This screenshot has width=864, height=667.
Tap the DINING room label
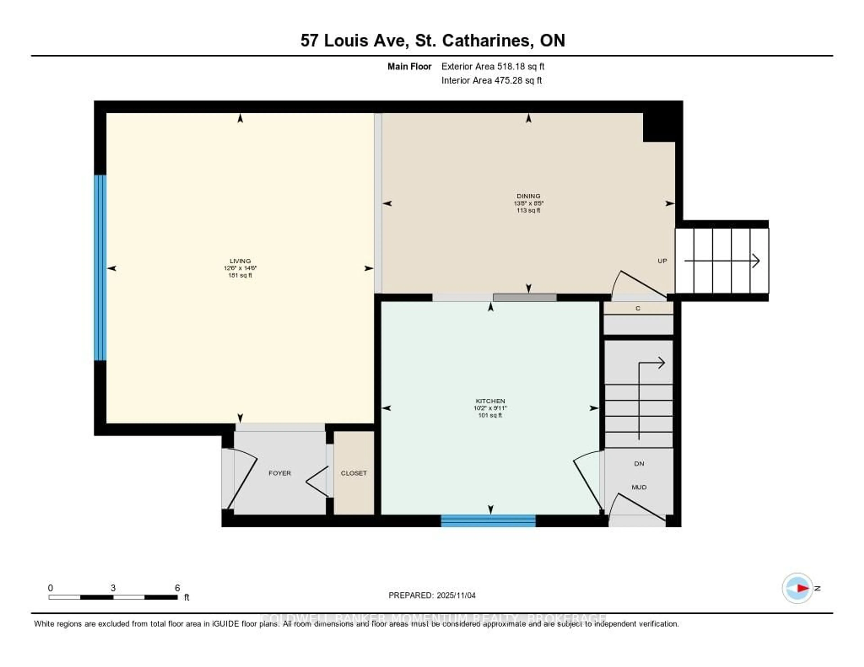(528, 196)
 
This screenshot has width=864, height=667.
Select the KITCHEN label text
(490, 401)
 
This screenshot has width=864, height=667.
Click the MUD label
(639, 487)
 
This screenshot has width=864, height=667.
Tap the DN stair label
(639, 463)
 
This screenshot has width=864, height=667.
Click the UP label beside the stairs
(662, 261)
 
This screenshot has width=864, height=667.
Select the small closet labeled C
(637, 308)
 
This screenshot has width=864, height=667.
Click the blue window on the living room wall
(100, 268)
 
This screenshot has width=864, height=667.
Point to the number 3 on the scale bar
(113, 588)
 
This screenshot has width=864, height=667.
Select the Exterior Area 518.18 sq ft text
(493, 66)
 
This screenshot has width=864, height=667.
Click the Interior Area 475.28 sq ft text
(491, 81)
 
